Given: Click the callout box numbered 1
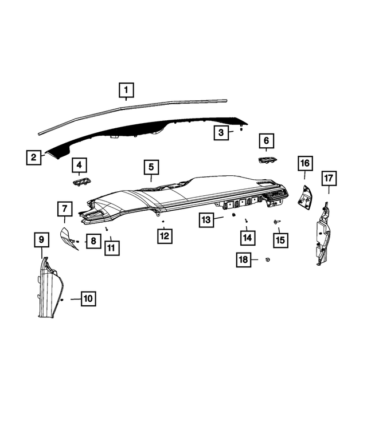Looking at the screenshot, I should pos(126,90).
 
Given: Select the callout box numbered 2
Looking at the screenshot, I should pos(34,156).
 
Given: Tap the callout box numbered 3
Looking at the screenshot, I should pos(220,133).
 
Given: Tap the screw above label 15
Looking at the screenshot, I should pos(277,220).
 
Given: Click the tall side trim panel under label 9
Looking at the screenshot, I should pos(50,289).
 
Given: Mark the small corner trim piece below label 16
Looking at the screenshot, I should pos(303,195).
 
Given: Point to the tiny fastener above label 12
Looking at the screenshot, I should pos(164,220).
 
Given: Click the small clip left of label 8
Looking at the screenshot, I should pos(77,241).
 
